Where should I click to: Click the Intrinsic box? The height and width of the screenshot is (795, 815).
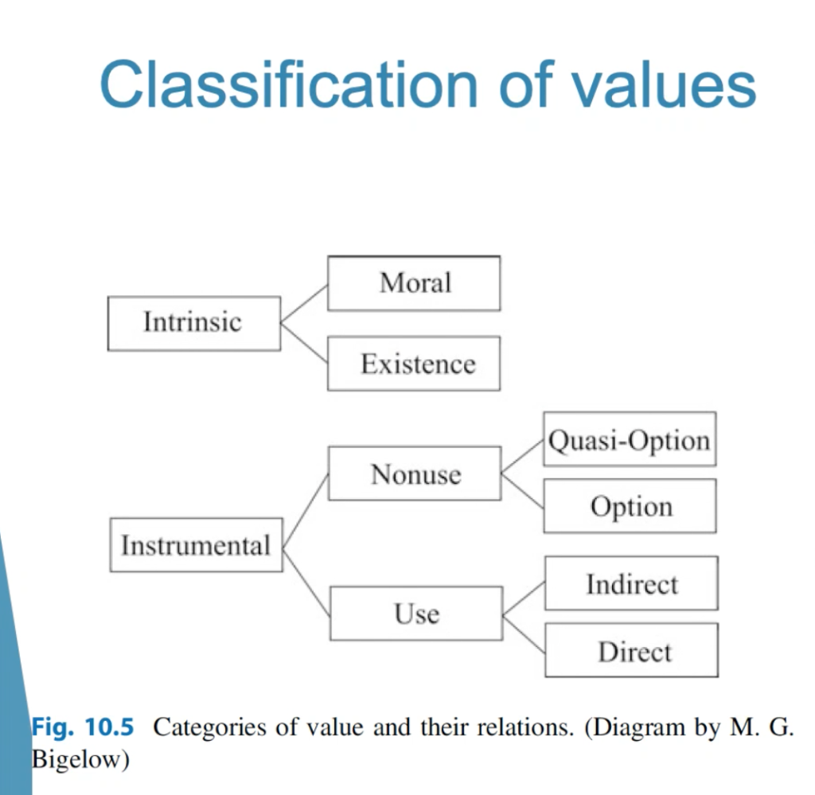[x=194, y=323]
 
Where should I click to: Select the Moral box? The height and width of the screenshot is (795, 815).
[x=414, y=283]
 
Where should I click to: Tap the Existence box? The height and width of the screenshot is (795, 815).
[x=414, y=363]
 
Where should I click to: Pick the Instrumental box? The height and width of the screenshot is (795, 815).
[x=197, y=544]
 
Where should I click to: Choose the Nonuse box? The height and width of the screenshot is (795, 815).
[x=415, y=473]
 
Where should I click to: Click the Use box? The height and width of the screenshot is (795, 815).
[x=416, y=613]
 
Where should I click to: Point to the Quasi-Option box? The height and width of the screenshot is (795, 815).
[x=630, y=439]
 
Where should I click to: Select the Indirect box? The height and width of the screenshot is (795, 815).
[x=631, y=583]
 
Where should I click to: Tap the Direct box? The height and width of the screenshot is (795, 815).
[x=631, y=650]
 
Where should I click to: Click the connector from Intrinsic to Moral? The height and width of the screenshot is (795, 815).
[x=304, y=303]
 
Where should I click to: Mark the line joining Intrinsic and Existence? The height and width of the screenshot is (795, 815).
[x=304, y=343]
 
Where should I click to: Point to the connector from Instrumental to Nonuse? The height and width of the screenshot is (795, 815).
[x=306, y=510]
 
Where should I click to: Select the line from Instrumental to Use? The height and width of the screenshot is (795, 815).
[x=306, y=581]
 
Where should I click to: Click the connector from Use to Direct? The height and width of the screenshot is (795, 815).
[x=524, y=634]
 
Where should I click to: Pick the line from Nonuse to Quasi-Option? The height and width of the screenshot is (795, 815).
[x=522, y=456]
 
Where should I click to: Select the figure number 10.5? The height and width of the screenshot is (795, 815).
[x=109, y=727]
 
